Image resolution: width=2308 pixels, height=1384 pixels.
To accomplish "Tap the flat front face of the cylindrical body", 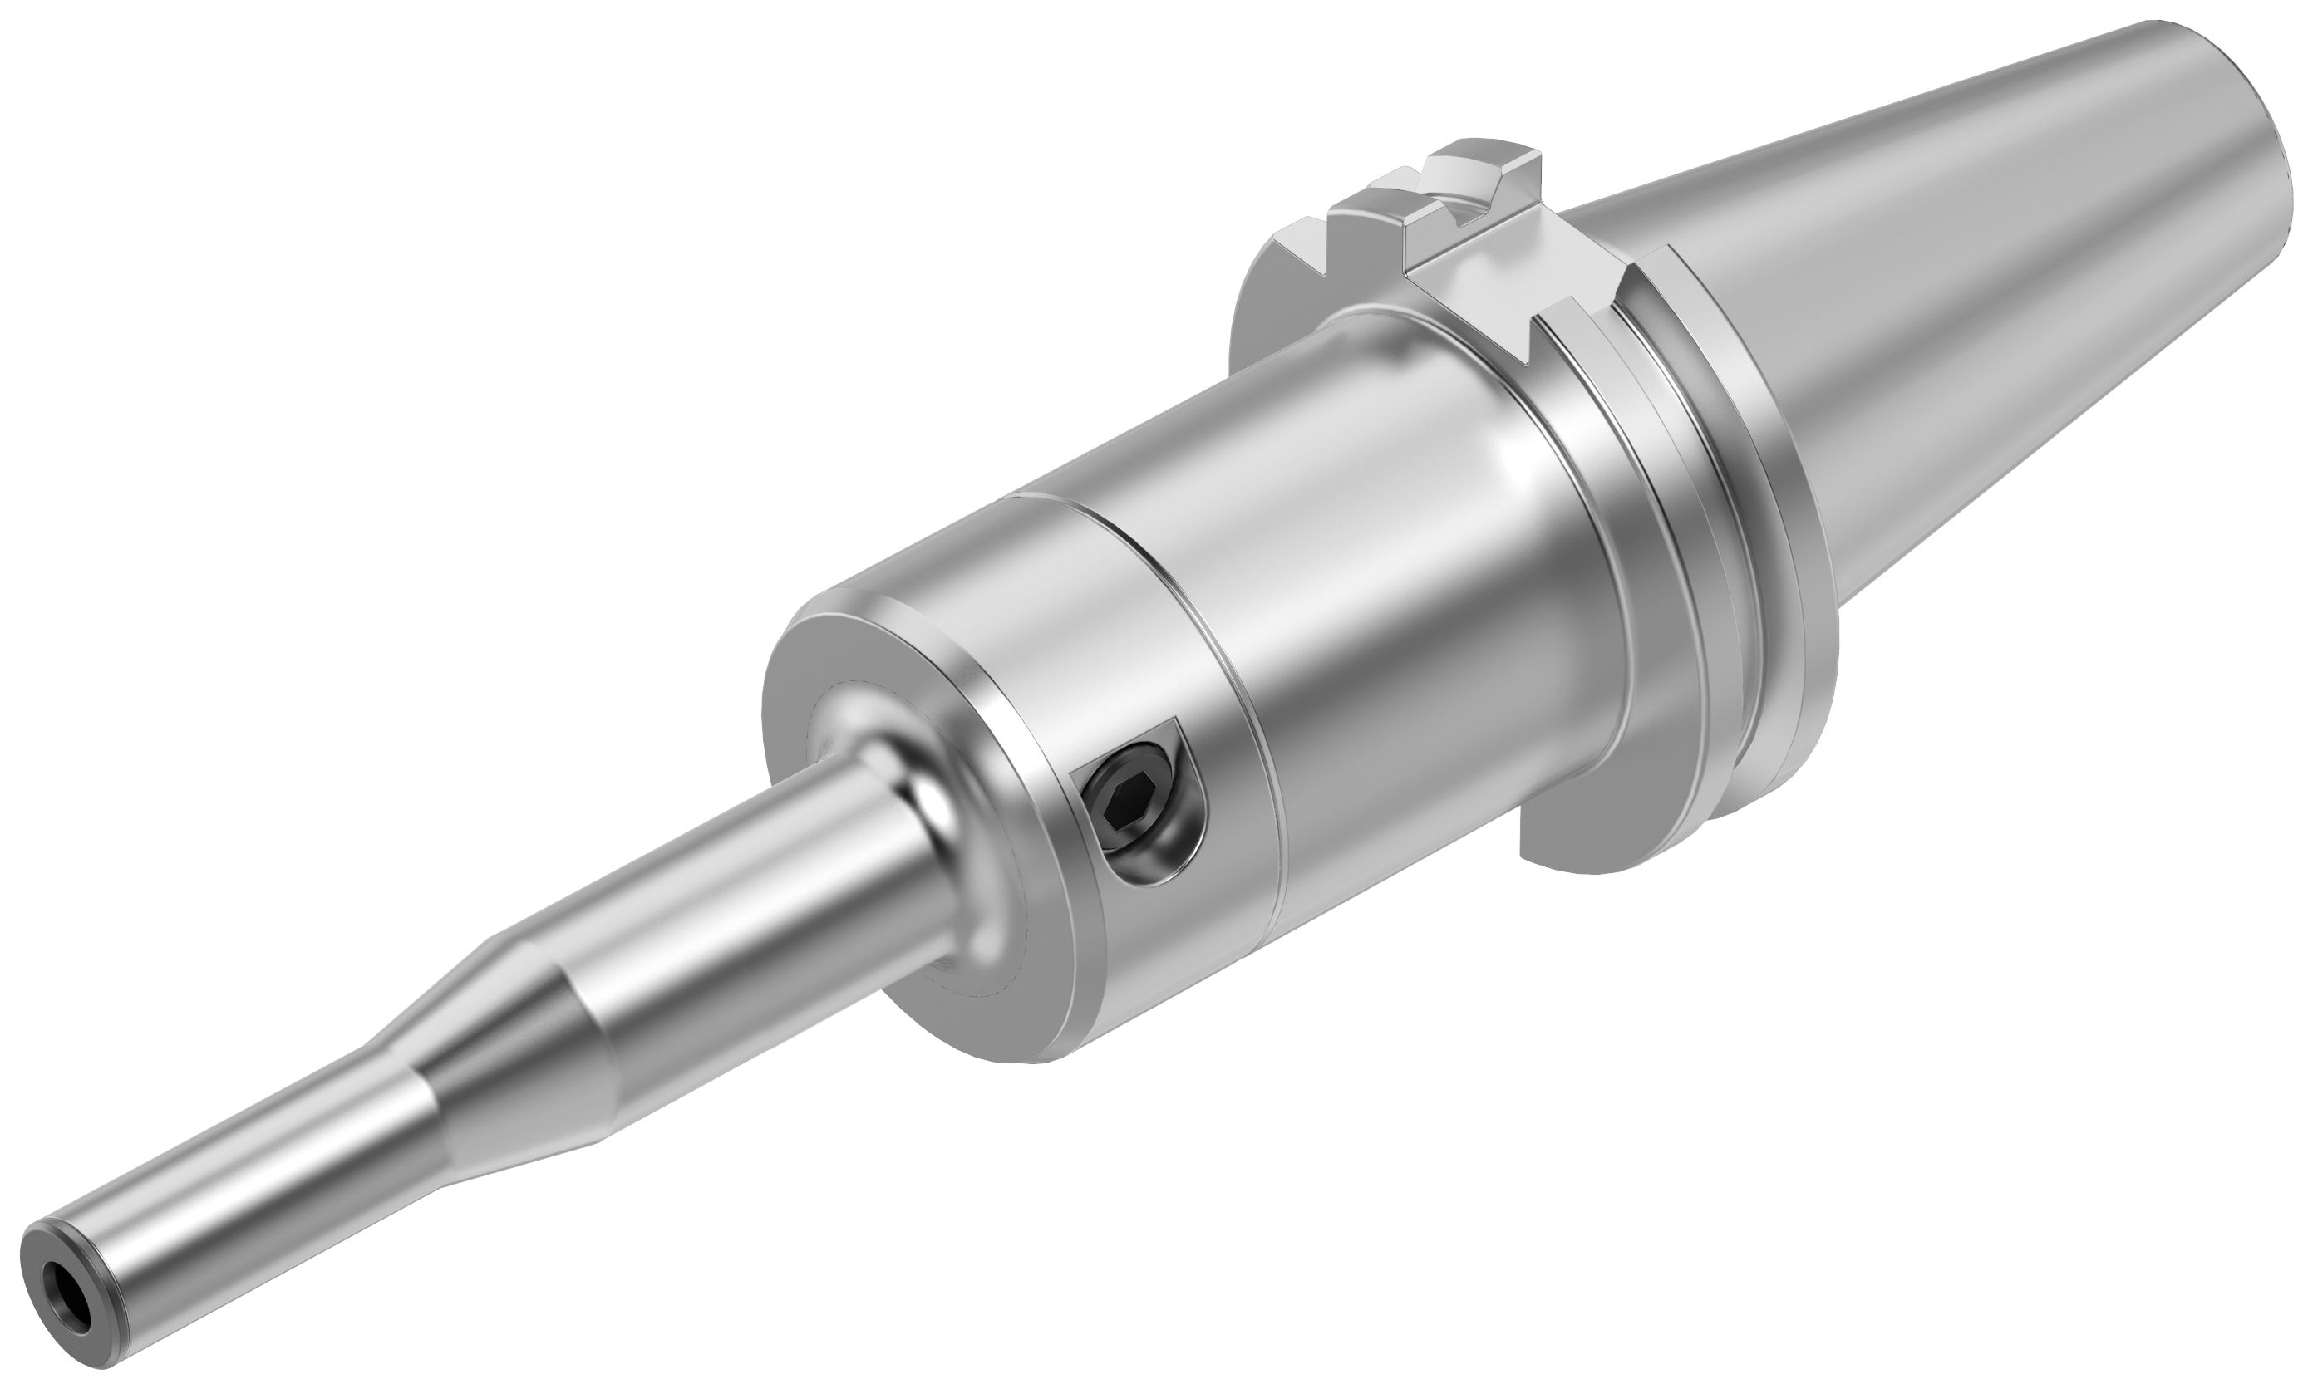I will [x=839, y=671].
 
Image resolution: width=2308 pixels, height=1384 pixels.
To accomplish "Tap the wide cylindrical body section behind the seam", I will [x=1400, y=560].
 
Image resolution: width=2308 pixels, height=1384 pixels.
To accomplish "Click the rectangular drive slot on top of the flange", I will [x=1455, y=214].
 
